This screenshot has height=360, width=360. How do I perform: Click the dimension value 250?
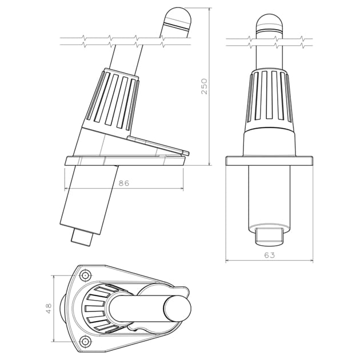203,86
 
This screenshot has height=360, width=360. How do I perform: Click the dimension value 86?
123,183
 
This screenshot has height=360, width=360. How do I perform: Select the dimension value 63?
270,255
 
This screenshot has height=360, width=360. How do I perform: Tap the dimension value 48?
49,309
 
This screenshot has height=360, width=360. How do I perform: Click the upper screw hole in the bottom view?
85,276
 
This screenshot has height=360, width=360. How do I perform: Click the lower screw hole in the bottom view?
85,341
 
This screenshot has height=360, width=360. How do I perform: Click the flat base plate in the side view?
126,161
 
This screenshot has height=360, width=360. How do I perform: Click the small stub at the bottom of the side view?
83,237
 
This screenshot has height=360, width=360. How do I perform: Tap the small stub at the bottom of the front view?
270,234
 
